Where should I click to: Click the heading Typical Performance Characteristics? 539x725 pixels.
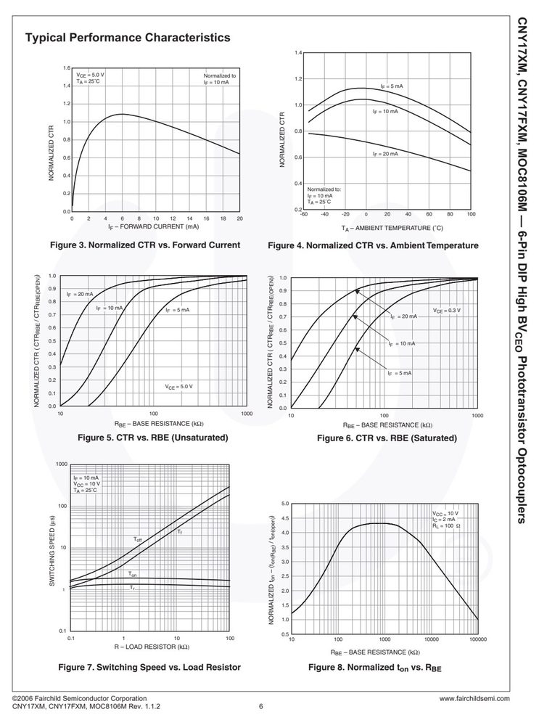[x=128, y=38]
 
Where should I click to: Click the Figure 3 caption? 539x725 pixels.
[x=145, y=245]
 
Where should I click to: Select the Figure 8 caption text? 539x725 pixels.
[x=375, y=668]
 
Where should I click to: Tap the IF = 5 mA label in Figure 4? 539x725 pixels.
[x=392, y=86]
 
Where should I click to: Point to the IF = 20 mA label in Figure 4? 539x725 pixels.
[x=385, y=154]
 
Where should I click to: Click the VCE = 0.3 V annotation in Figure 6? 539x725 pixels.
[x=447, y=311]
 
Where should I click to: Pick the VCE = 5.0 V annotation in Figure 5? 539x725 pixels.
[x=179, y=387]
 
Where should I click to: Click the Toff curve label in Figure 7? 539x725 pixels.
[x=138, y=540]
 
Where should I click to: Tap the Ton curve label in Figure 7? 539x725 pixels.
[x=133, y=574]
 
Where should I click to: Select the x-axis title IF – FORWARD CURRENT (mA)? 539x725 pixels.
[x=154, y=226]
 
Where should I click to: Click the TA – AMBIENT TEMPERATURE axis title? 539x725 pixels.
[x=392, y=228]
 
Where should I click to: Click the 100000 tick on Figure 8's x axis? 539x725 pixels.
[x=478, y=639]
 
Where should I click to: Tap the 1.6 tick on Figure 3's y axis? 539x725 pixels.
[x=67, y=68]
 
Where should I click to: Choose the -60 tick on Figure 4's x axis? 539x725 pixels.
[x=304, y=214]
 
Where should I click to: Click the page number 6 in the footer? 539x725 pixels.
[x=260, y=707]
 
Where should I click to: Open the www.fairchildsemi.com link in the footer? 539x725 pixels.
[x=474, y=699]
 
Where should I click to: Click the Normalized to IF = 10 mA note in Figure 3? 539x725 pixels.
[x=220, y=79]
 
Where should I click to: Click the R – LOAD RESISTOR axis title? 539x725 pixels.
[x=152, y=647]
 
